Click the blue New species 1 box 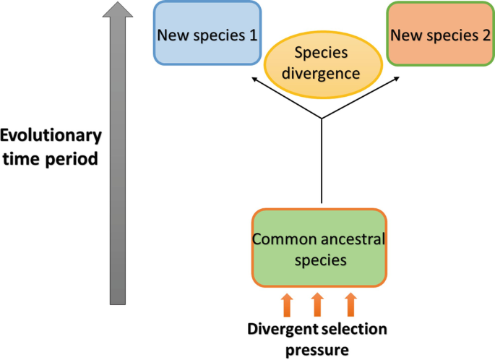(x=207, y=34)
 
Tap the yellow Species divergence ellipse (x=322, y=63)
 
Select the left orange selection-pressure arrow (x=286, y=305)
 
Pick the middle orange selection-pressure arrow (x=318, y=305)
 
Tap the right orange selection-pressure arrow (x=350, y=305)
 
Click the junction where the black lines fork (x=321, y=121)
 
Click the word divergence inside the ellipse (x=322, y=73)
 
